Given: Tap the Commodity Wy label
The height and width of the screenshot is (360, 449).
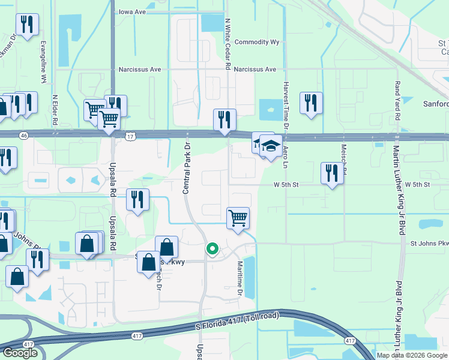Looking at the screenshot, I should pyautogui.click(x=258, y=42).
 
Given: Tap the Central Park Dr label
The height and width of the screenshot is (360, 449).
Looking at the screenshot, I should pyautogui.click(x=187, y=169).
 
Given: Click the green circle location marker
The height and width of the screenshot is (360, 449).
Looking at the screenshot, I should pyautogui.click(x=212, y=248).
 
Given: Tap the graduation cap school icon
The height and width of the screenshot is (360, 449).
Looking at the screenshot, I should pyautogui.click(x=271, y=145).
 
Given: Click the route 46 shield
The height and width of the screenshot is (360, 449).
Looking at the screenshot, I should pyautogui.click(x=23, y=136).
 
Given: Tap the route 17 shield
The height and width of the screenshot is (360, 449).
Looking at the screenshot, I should pyautogui.click(x=130, y=137).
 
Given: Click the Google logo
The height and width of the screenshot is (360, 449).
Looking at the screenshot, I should pyautogui.click(x=20, y=352).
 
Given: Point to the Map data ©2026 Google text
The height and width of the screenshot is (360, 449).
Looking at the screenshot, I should pyautogui.click(x=411, y=355).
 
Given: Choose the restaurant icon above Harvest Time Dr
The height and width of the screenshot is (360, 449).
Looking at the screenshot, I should pyautogui.click(x=311, y=103).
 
